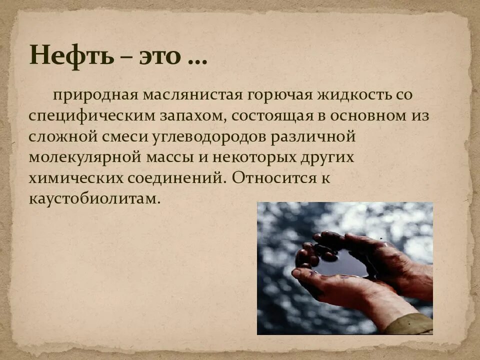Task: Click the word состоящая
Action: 270,116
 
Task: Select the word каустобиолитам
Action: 95,199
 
